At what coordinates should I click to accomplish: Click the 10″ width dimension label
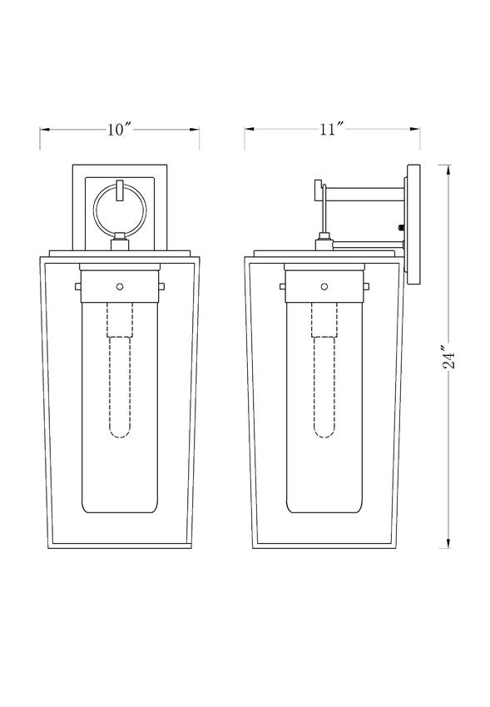[x=119, y=130]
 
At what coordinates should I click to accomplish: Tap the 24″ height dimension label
[x=449, y=357]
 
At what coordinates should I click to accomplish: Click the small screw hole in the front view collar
[x=120, y=286]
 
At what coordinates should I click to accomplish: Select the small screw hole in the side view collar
[x=324, y=286]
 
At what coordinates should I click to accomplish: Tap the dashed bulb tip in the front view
[x=120, y=432]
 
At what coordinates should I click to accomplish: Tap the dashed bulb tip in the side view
[x=324, y=432]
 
